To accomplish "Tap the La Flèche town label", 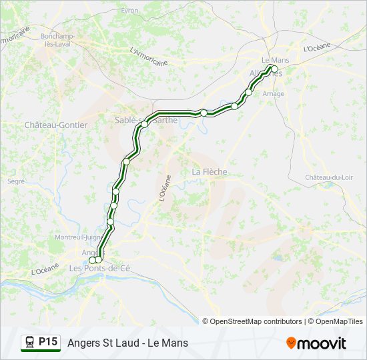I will pos(210,171).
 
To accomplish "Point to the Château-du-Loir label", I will pos(329,177).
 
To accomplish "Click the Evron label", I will pos(129,11).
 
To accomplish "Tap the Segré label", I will pos(16,181).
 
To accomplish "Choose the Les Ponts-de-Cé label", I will pos(100,268).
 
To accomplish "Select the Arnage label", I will pos(274,94).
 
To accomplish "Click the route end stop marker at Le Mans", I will pos(274,68).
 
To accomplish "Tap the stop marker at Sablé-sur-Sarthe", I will pos(144,124).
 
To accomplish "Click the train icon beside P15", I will pos(30,342).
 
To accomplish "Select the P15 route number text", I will pos(47,342).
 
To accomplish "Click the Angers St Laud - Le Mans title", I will pos(127,343).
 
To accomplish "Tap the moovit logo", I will pos(316,343).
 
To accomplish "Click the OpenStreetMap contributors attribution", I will pos(252,321).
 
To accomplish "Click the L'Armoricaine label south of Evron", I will pos(148,56).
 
